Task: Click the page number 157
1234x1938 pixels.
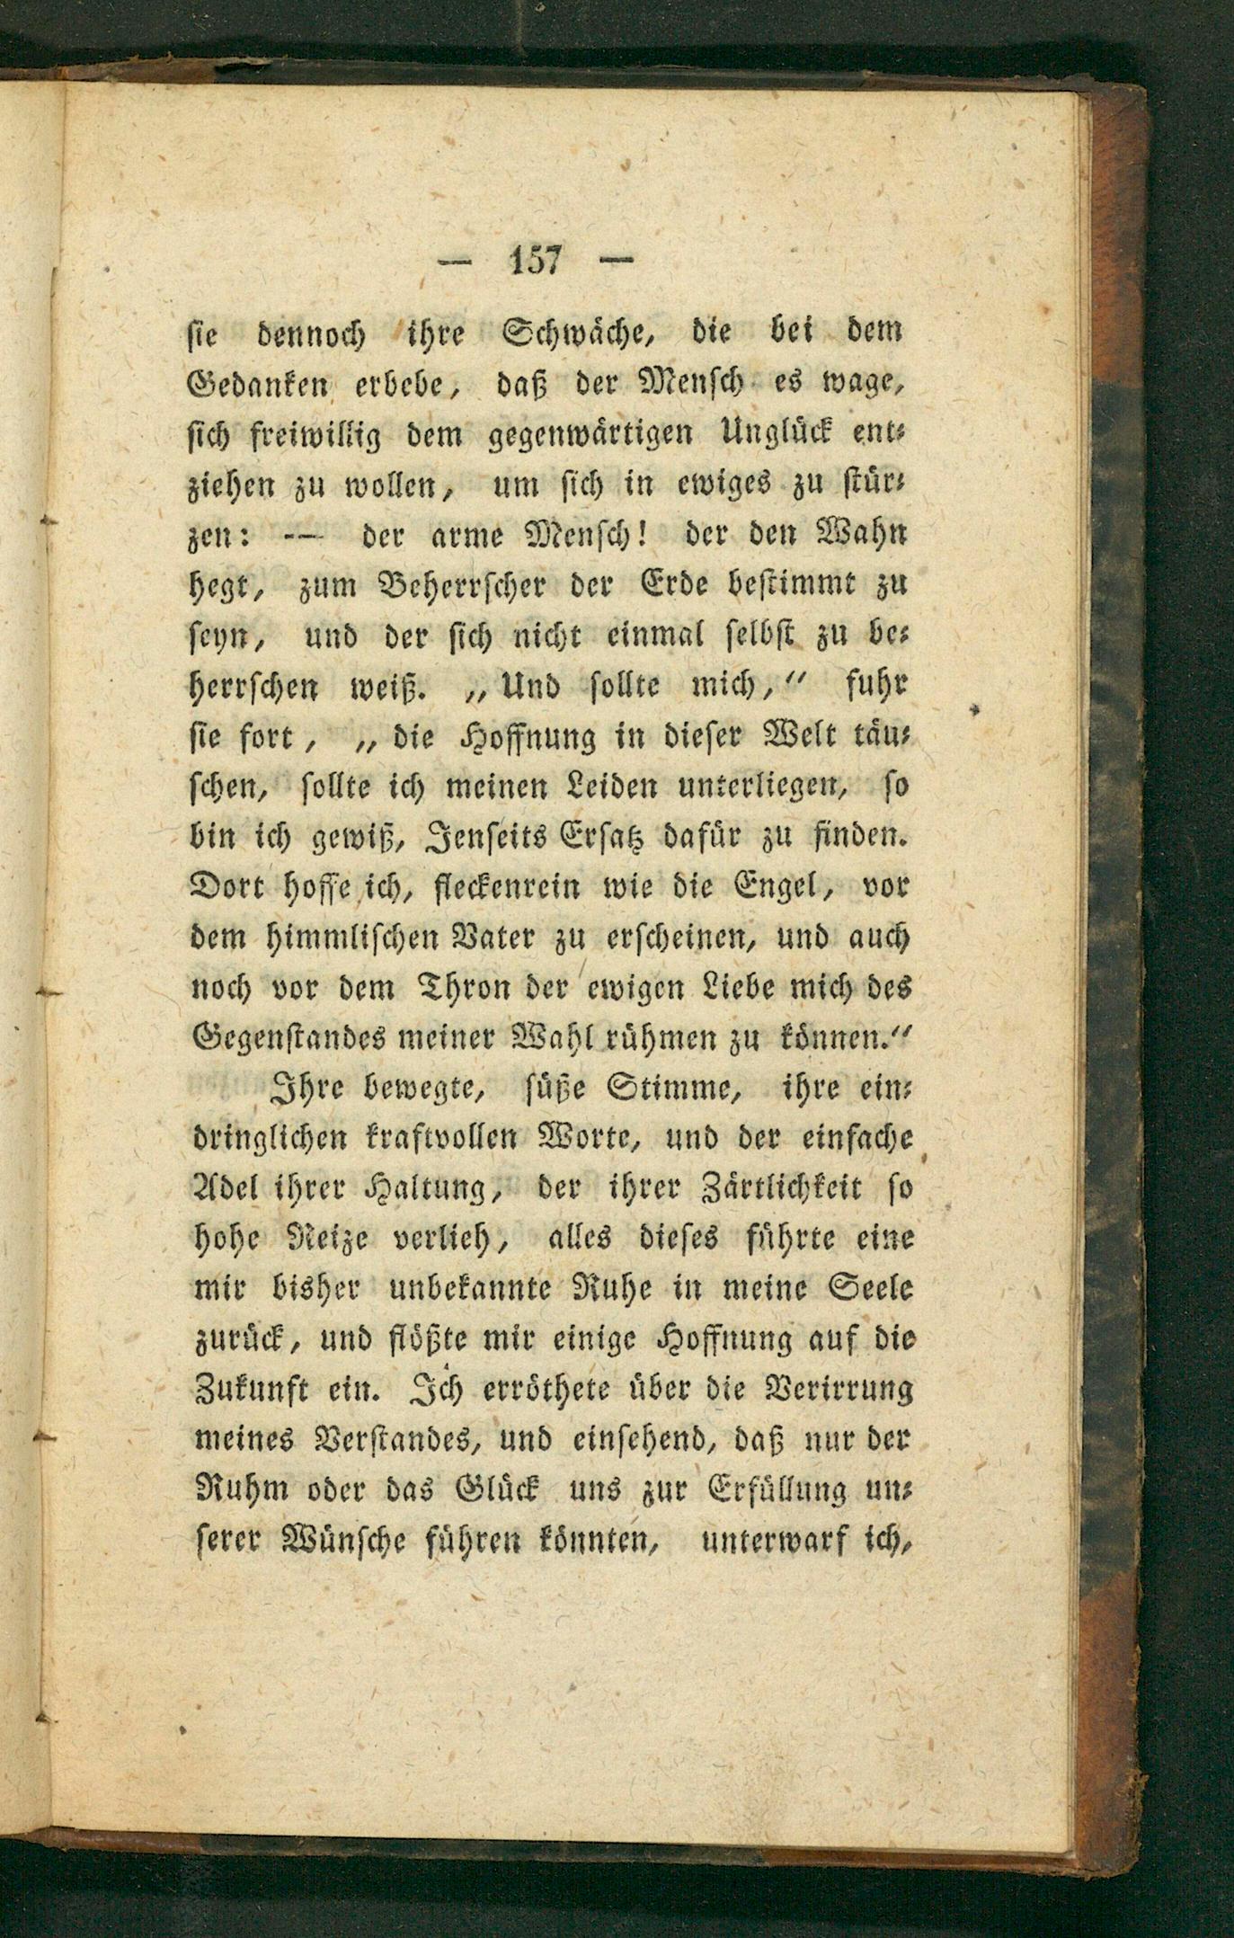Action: [536, 261]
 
